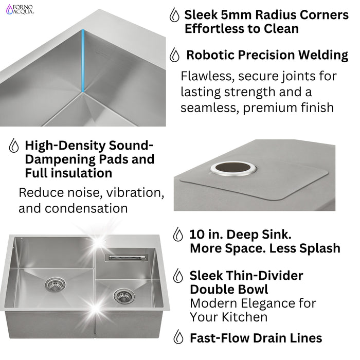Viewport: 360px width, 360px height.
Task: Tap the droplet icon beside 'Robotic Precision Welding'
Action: tap(175, 55)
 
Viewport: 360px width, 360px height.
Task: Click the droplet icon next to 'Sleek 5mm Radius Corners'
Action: tap(174, 15)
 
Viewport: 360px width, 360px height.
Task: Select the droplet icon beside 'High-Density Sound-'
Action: tap(14, 146)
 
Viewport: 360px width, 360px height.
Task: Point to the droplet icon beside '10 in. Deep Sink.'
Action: tap(178, 235)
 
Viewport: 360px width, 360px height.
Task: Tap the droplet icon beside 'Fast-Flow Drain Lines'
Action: tap(178, 337)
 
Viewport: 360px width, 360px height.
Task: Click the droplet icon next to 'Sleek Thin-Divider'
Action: tap(178, 276)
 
